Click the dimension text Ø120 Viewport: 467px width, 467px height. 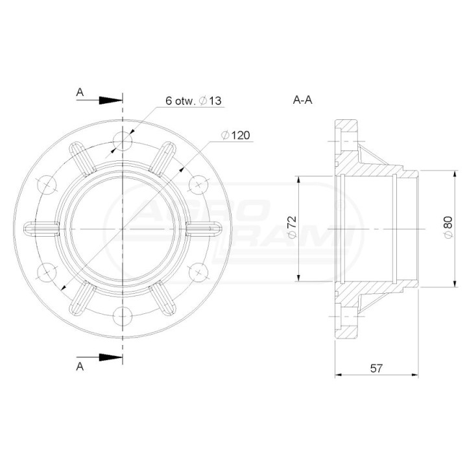click(235, 135)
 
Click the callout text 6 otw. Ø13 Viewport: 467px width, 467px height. click(193, 101)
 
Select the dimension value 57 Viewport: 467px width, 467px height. click(376, 368)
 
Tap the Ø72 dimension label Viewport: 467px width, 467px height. click(292, 226)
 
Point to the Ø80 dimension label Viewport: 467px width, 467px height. click(448, 227)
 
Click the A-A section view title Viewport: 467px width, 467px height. click(303, 100)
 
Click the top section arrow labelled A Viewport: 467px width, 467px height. click(99, 101)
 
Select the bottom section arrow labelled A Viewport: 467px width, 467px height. click(99, 357)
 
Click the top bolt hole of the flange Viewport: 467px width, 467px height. click(123, 141)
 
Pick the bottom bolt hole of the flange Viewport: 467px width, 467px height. click(123, 317)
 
